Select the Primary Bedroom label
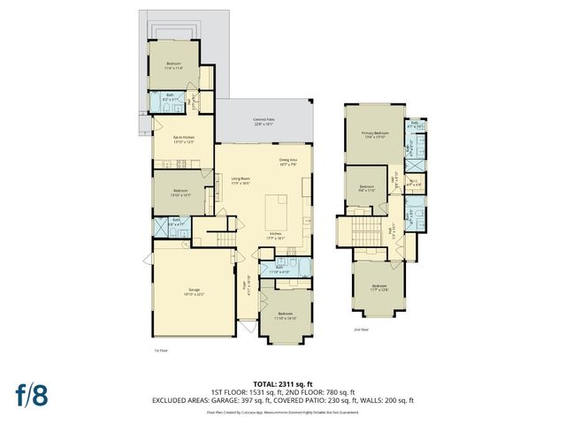(375, 135)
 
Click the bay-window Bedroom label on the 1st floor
(286, 315)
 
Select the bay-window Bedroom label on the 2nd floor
(379, 287)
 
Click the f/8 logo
(30, 394)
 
